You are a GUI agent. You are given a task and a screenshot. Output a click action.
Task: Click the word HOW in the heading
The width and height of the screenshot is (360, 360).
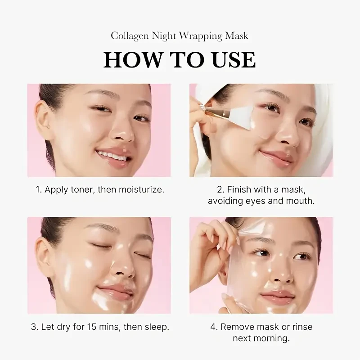130,60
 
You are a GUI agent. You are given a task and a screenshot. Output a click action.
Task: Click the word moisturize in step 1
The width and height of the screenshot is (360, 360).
140,189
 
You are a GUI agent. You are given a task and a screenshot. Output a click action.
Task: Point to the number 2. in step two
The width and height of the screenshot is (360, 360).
220,189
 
